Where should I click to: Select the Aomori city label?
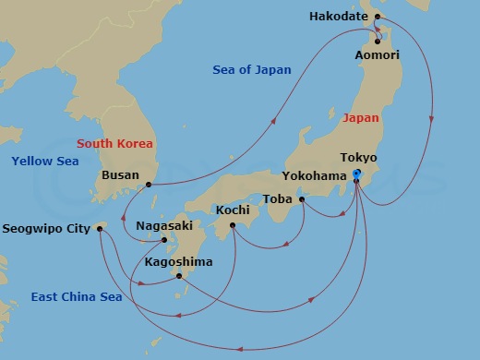(x=378, y=55)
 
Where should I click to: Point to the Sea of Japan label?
(x=251, y=70)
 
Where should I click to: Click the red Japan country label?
(x=361, y=118)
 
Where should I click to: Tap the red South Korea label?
(x=114, y=143)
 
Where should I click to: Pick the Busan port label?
(x=121, y=174)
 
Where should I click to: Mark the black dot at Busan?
(x=148, y=185)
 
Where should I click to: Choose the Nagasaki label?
(x=163, y=225)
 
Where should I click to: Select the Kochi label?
(x=233, y=210)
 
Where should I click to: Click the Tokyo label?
(x=358, y=158)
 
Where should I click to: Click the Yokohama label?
(x=316, y=175)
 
